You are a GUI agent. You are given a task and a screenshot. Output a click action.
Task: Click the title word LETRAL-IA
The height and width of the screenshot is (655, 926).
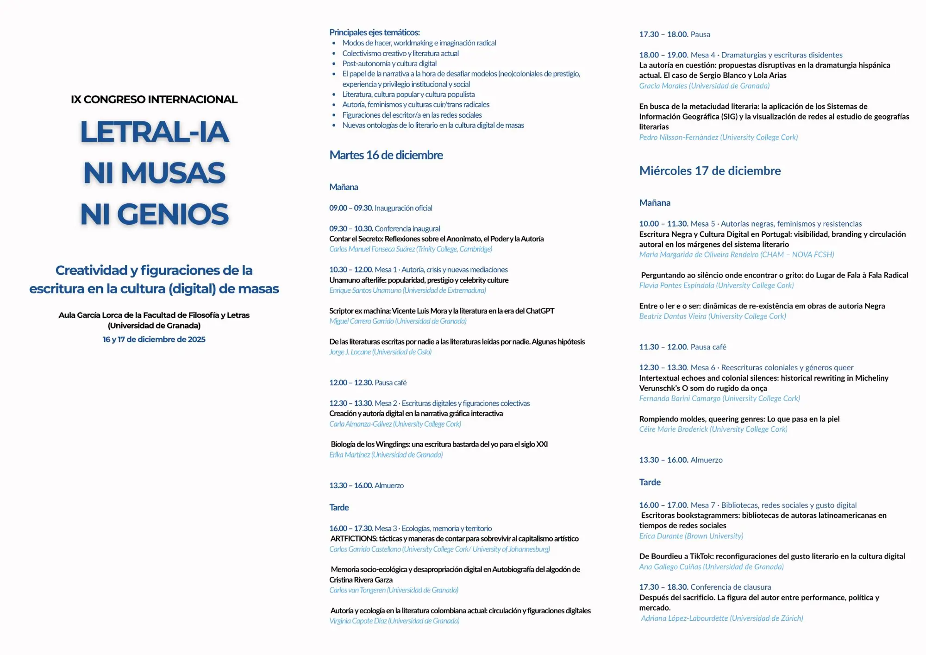[154, 132]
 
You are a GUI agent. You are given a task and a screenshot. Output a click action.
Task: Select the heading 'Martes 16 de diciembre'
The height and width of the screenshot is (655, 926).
[386, 155]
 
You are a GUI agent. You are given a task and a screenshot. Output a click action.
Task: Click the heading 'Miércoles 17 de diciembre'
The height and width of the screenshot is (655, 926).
[710, 171]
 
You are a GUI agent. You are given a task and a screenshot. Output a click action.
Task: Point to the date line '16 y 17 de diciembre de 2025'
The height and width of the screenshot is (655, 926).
[154, 340]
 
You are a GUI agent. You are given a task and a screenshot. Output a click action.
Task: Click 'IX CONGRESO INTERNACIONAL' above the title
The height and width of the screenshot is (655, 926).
[154, 100]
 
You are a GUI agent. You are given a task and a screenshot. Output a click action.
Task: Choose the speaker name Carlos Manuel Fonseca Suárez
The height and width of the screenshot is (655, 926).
[372, 249]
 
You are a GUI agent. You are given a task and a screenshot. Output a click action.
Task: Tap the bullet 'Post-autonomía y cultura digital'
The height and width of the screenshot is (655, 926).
[389, 63]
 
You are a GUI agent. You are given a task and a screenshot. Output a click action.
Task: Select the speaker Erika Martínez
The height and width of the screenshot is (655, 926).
[350, 455]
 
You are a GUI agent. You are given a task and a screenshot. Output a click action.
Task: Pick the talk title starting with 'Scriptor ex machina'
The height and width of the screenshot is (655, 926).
[441, 311]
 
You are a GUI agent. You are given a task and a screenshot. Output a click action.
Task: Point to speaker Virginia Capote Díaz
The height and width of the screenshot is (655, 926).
[358, 621]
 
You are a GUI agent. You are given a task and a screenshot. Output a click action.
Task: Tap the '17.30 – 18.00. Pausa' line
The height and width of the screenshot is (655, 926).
[674, 34]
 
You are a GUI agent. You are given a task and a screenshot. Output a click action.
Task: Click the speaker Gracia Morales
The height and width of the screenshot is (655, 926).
[663, 86]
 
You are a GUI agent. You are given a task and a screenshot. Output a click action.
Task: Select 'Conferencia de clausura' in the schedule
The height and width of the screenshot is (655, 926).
[731, 587]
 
